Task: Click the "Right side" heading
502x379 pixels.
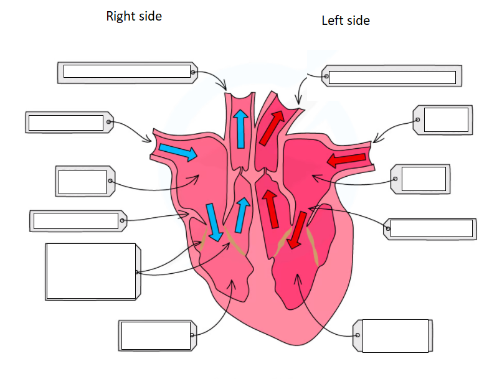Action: pos(134,16)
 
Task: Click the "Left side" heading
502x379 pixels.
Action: pos(346,21)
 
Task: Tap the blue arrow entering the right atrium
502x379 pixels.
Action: pos(178,152)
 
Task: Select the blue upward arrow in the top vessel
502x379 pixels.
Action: pos(241,129)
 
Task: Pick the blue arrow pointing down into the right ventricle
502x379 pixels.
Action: pos(214,222)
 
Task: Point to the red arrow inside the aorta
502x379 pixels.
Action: pos(272,128)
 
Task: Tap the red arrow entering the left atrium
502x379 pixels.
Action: pos(346,159)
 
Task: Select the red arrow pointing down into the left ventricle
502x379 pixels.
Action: pos(296,230)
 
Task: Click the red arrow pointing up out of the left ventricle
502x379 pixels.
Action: pos(270,209)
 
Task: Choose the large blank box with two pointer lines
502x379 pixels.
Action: pos(93,271)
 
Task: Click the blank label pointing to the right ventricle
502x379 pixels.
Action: pos(158,335)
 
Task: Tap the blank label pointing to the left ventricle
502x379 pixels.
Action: pos(393,335)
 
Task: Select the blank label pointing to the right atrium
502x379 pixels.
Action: pos(85,181)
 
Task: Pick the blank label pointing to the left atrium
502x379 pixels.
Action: pos(420,179)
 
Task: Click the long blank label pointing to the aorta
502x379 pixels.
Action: pos(392,76)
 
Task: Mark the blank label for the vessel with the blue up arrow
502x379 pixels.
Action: pos(128,73)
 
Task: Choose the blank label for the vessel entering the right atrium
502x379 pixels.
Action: pos(70,122)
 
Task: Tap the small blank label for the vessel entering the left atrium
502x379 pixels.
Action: pos(443,120)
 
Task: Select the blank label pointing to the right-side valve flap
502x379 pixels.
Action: pos(78,221)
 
